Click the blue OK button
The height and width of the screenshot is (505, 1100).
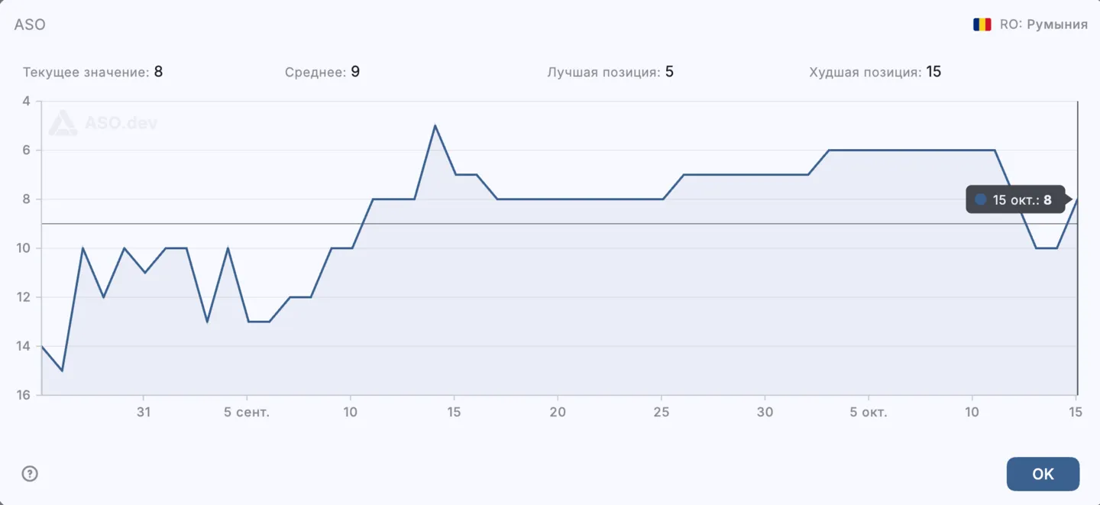(1043, 474)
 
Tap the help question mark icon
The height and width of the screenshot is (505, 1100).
(30, 474)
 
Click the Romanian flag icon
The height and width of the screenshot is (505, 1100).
(982, 24)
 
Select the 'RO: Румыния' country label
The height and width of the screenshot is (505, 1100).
(1043, 24)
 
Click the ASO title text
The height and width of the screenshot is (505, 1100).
(30, 24)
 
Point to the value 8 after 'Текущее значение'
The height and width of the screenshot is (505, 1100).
(159, 72)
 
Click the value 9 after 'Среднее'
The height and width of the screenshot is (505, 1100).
(355, 72)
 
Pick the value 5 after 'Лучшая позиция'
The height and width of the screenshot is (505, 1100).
(669, 72)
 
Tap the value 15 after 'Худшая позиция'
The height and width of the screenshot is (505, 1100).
(933, 72)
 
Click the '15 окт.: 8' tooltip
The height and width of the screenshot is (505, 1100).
(1015, 200)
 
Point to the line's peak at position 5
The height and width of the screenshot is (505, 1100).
(435, 125)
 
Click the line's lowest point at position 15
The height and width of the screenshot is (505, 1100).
(62, 371)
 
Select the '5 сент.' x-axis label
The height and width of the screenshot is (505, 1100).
(247, 413)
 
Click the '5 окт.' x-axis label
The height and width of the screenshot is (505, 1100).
(869, 413)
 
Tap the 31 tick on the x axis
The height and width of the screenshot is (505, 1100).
(144, 413)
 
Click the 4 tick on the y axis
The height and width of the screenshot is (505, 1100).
(27, 101)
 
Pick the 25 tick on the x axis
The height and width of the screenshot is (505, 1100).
(662, 413)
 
